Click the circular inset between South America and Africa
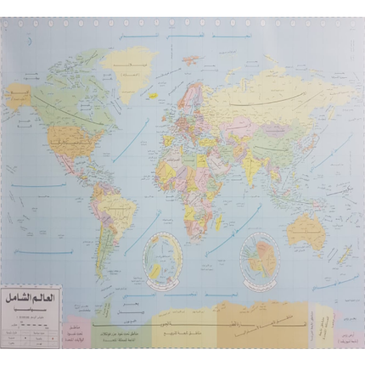pyautogui.click(x=161, y=255)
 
